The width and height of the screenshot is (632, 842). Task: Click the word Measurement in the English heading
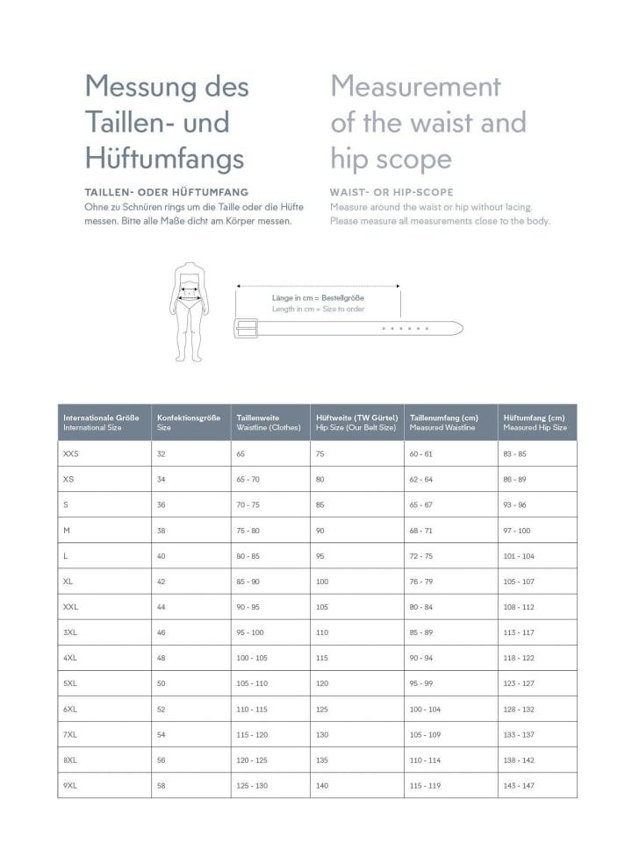tap(415, 87)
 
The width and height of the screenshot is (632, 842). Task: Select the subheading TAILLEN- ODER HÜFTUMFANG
tap(167, 192)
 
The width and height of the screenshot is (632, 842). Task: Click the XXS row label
tap(71, 453)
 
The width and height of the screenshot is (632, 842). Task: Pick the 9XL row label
tap(71, 785)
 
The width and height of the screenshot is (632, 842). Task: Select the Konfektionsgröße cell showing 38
tap(162, 530)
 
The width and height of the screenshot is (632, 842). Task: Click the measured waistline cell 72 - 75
tap(421, 556)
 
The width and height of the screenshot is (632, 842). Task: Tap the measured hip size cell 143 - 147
tap(519, 785)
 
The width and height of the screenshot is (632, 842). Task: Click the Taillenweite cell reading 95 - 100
tap(250, 632)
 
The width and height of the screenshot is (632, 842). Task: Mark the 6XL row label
tap(71, 709)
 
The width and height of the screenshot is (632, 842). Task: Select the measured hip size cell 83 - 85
tap(515, 453)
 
